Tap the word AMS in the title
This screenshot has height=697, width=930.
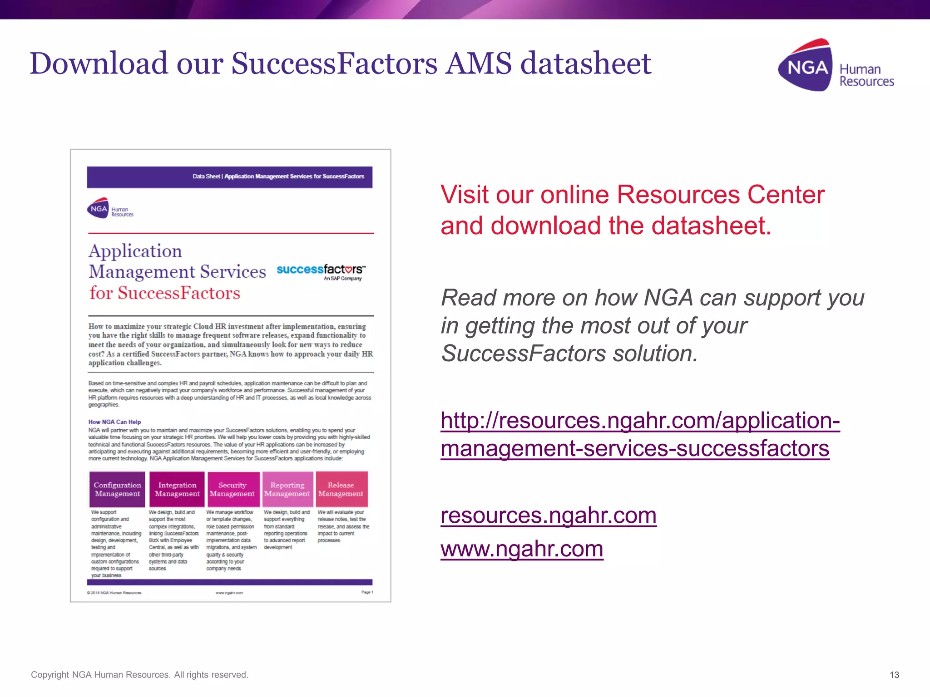coord(479,63)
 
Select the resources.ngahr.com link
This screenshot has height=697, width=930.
coord(548,515)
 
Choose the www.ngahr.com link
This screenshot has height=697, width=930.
coord(521,549)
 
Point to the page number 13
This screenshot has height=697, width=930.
coord(894,675)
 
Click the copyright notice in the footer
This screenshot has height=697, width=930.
coord(139,675)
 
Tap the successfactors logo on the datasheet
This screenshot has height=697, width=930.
coord(321,271)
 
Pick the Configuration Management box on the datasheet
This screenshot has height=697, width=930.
coord(117,489)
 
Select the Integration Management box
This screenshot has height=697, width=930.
coord(177,489)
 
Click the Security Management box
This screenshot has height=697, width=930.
coord(232,489)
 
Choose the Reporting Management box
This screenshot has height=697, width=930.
coord(287,489)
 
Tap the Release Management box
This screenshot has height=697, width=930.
coord(341,489)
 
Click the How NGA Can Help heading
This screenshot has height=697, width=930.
coord(114,422)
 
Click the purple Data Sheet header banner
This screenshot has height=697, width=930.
coord(229,177)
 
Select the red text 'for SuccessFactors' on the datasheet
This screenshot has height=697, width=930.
coord(164,293)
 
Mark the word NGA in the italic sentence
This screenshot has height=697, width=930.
coord(668,298)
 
